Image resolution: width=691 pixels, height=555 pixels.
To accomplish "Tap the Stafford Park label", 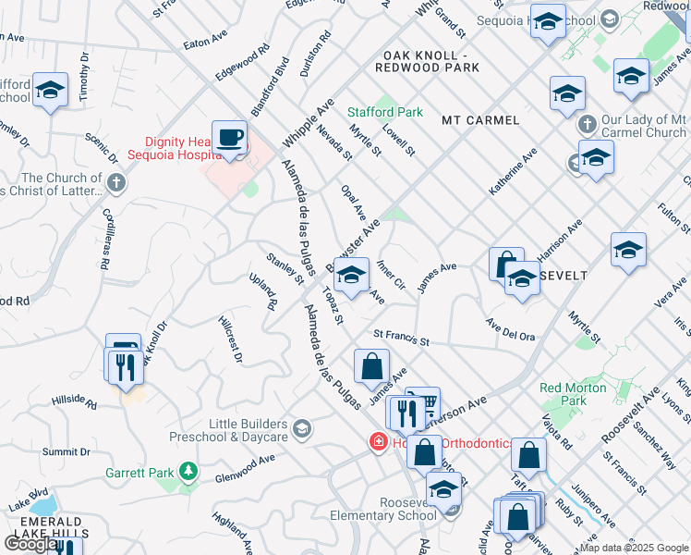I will pyautogui.click(x=385, y=112).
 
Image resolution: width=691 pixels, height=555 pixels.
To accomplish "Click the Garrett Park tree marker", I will pyautogui.click(x=188, y=472).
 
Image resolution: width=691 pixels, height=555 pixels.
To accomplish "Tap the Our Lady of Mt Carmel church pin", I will pyautogui.click(x=584, y=124).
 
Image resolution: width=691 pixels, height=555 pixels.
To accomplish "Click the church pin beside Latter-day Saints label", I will pyautogui.click(x=115, y=182).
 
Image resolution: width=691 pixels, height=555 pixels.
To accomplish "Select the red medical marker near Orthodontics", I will pyautogui.click(x=377, y=443).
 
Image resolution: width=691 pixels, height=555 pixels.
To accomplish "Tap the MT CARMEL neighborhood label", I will pyautogui.click(x=479, y=120).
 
